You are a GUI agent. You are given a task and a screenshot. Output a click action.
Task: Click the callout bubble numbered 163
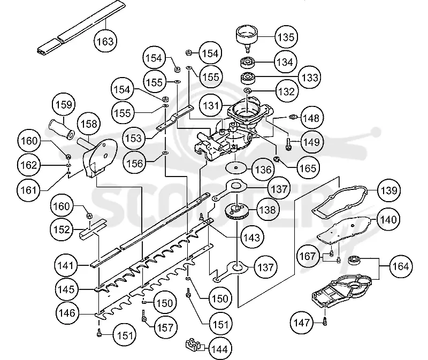click(105, 41)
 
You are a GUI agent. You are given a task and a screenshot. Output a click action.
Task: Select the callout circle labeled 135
click(286, 37)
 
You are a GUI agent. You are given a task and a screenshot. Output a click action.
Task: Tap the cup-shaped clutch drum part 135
click(247, 37)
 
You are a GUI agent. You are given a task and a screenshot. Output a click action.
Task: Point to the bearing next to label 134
click(248, 63)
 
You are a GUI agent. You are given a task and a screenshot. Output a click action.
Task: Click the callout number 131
click(211, 105)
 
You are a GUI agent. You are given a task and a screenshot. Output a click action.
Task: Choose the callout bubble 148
click(311, 118)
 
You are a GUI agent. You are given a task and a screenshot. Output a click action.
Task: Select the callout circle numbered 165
click(308, 168)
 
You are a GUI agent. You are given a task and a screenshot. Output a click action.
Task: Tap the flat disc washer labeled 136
click(236, 167)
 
